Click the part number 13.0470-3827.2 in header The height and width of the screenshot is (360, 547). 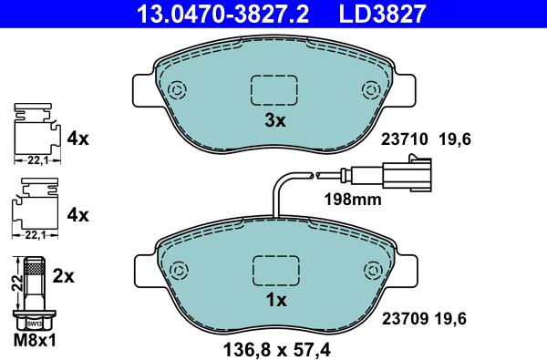tap(222, 14)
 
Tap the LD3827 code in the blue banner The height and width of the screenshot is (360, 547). tap(382, 14)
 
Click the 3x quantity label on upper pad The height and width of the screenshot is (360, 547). tap(275, 120)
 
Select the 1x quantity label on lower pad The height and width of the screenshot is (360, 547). tap(276, 300)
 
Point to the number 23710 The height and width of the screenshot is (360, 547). tap(404, 139)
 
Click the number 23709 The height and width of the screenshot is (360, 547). tap(405, 318)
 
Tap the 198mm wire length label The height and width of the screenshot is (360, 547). tap(353, 200)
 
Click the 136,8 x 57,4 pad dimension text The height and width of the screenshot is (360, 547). tap(276, 349)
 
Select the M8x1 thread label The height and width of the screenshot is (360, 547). tap(35, 340)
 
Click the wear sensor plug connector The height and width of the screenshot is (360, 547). tap(408, 173)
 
